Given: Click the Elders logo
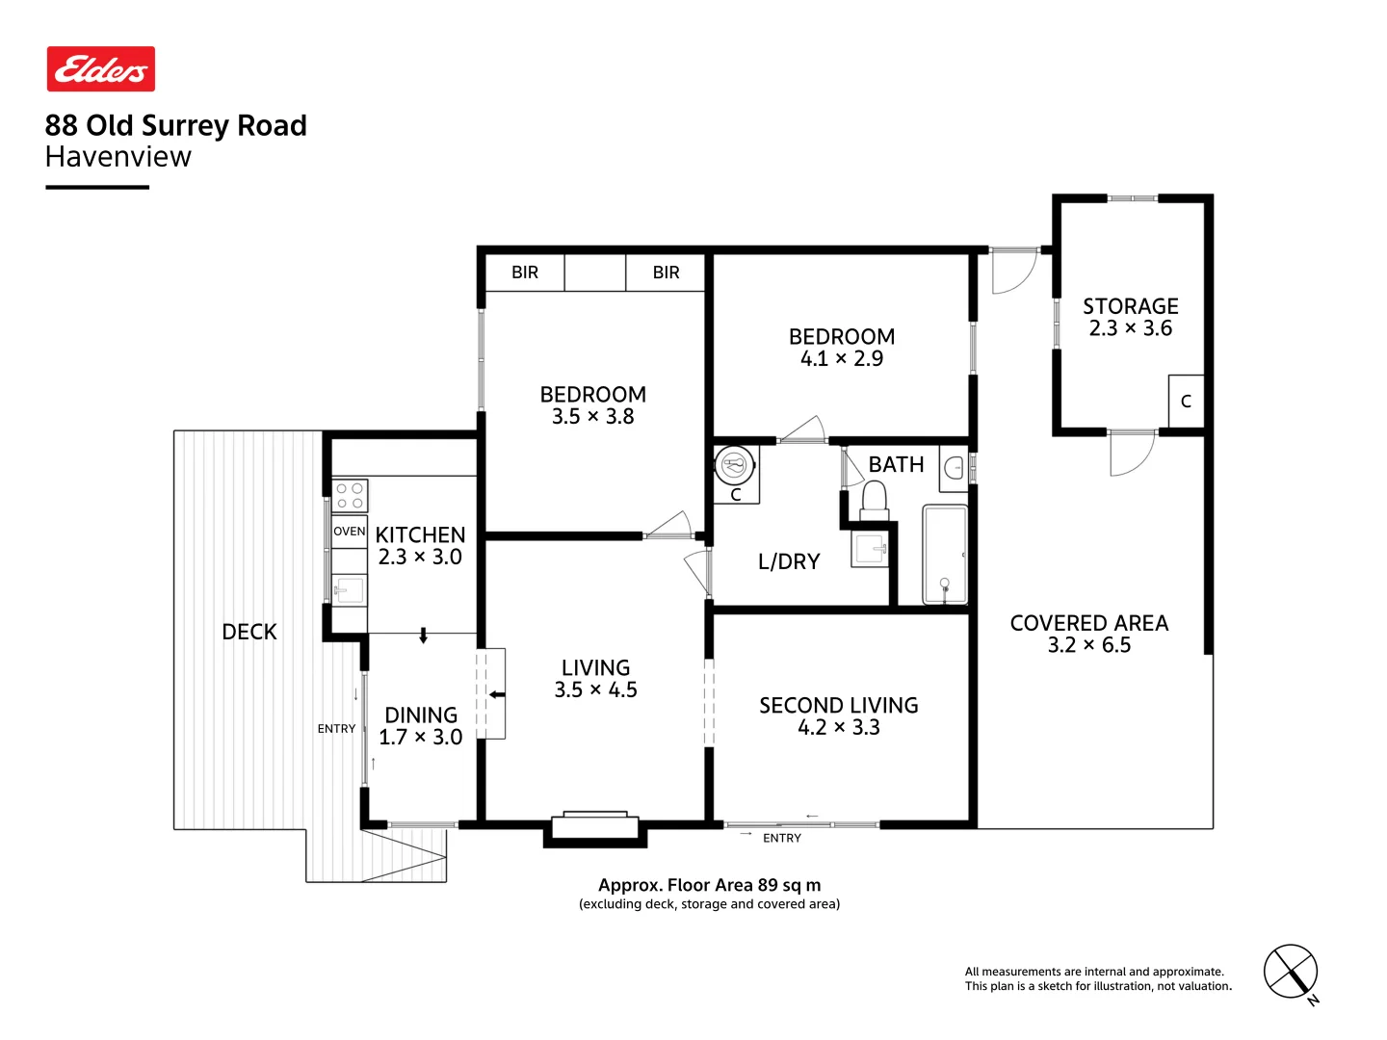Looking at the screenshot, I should tap(101, 69).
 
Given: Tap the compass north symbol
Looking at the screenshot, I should tap(1291, 973).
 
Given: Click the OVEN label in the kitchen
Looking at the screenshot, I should tap(349, 532).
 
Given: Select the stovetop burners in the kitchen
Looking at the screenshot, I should tap(350, 496).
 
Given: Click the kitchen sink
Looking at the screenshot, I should tap(349, 589).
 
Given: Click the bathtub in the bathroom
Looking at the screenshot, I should tap(945, 555).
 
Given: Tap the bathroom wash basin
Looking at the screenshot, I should tap(954, 468).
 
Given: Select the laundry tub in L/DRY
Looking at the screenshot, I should tap(871, 551).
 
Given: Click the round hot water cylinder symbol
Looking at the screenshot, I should tap(735, 466).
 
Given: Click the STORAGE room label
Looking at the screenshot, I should tap(1130, 306).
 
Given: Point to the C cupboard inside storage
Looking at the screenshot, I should tap(1186, 402).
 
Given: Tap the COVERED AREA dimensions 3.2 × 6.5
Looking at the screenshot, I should tap(1088, 645).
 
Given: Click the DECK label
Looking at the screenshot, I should tap(249, 632).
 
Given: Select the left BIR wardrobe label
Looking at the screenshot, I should tap(525, 273).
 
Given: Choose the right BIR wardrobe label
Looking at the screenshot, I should tap(666, 273).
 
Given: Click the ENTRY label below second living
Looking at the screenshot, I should tap(781, 839).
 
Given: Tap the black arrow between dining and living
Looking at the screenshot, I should tap(497, 694).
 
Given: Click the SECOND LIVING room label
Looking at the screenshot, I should tap(838, 706).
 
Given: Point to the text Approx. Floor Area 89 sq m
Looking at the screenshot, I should tap(709, 885).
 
